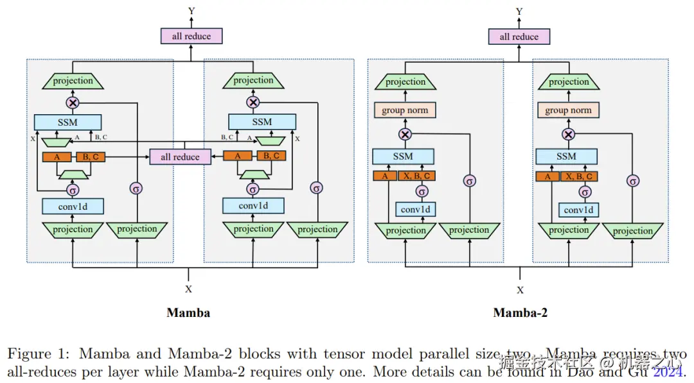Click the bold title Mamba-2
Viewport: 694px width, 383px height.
tap(520, 312)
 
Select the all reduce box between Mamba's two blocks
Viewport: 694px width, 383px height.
tap(180, 157)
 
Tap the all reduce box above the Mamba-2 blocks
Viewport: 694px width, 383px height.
tap(519, 37)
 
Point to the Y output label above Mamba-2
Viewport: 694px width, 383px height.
tap(519, 12)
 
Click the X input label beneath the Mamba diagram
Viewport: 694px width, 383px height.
tap(188, 289)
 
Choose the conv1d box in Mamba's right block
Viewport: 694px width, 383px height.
tap(253, 206)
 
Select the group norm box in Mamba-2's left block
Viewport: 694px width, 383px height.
tap(405, 110)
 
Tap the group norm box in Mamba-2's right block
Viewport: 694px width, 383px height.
tap(568, 110)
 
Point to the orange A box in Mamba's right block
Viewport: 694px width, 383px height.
tap(238, 156)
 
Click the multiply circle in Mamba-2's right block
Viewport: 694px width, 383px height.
tap(568, 135)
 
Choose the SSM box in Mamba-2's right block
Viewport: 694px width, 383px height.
tap(566, 157)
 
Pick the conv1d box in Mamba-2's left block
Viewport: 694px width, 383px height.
tap(415, 210)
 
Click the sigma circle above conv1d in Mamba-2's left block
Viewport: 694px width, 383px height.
tap(422, 192)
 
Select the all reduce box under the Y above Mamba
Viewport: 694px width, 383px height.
tap(191, 37)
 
